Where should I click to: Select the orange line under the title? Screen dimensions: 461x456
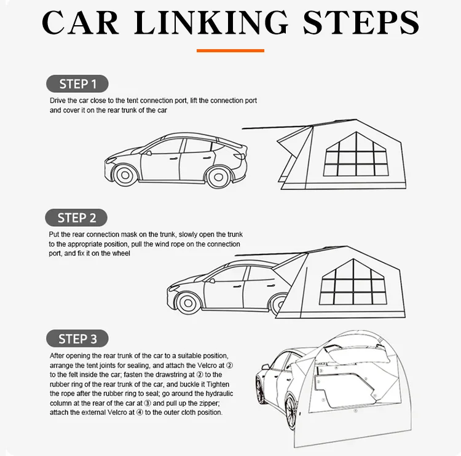230,50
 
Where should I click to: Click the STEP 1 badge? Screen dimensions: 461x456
77,84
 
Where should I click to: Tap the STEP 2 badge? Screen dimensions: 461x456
77,218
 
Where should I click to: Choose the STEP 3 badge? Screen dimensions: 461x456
77,339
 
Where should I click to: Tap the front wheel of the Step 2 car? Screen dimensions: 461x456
187,301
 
